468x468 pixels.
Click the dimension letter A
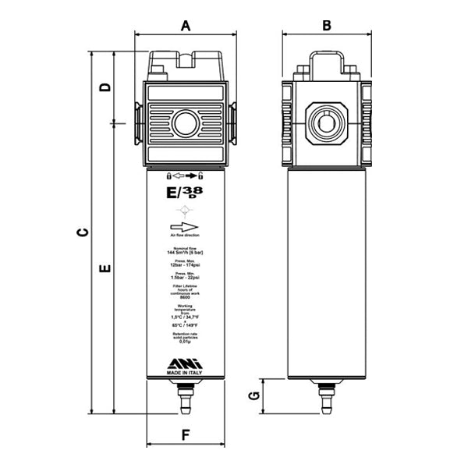[x=186, y=25]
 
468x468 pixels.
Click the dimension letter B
[x=327, y=25]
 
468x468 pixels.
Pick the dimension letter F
[x=186, y=434]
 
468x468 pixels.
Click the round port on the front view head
[x=186, y=123]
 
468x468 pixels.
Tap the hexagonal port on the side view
[x=327, y=122]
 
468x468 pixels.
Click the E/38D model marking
[x=184, y=191]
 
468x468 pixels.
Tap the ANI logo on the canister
[x=185, y=363]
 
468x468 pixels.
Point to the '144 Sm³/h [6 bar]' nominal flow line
[x=186, y=253]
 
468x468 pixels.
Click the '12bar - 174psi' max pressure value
[x=186, y=265]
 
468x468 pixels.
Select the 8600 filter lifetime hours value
[x=186, y=296]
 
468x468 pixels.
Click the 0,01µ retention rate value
[x=186, y=342]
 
